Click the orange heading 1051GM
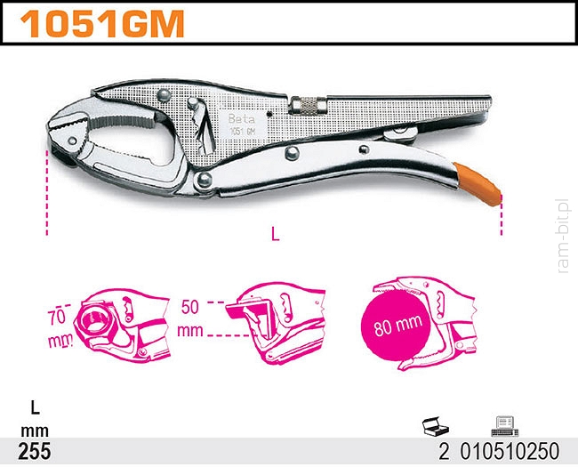click(x=102, y=24)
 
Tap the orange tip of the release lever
click(x=478, y=183)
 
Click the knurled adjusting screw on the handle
click(x=309, y=105)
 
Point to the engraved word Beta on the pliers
click(x=242, y=119)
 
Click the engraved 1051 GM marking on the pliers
click(x=242, y=131)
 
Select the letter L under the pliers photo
click(x=275, y=234)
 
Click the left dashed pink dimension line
click(x=47, y=192)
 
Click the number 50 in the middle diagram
click(x=189, y=307)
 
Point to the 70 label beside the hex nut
click(x=57, y=318)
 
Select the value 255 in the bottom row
click(x=35, y=451)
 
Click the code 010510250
click(x=510, y=451)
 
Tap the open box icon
click(x=436, y=426)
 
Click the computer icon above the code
click(x=505, y=426)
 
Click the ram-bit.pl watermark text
click(x=563, y=236)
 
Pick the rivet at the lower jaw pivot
click(x=205, y=180)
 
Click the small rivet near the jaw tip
click(x=72, y=141)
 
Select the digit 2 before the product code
click(x=445, y=451)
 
